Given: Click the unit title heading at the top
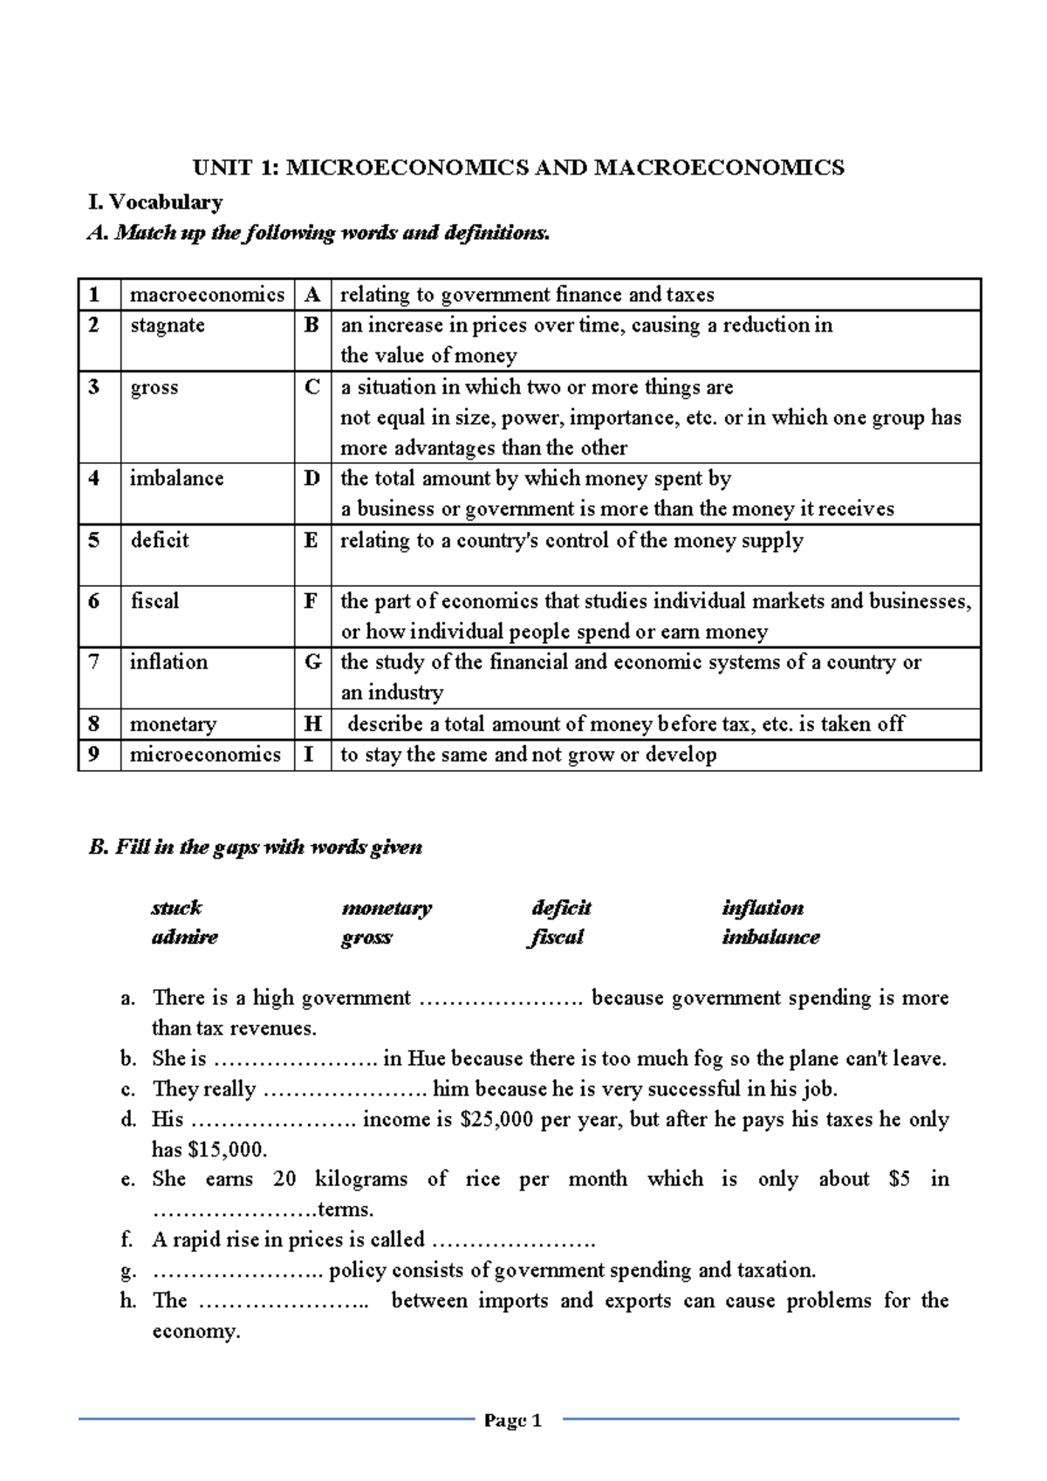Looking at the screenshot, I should pos(518,167).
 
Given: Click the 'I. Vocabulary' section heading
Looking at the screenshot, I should pos(155,202).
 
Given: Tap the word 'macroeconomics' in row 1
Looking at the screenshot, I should pos(207,295).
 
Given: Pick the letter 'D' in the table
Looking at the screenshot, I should pos(311,479).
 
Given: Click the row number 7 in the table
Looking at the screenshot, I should pos(94,662).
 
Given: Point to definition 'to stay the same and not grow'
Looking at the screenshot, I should pos(528,754).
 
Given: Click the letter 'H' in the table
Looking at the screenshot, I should pos(312,724).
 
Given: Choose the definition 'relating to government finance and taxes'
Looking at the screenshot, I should pos(527,295).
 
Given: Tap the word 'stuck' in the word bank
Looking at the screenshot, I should pos(176,907).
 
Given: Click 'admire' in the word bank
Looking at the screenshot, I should pos(184,937).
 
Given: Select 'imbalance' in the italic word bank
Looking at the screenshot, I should pos(770,937).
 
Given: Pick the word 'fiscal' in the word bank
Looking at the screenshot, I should pos(557,937).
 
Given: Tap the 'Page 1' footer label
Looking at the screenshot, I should pos(513,1421).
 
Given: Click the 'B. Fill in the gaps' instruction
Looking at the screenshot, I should pos(256,847).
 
